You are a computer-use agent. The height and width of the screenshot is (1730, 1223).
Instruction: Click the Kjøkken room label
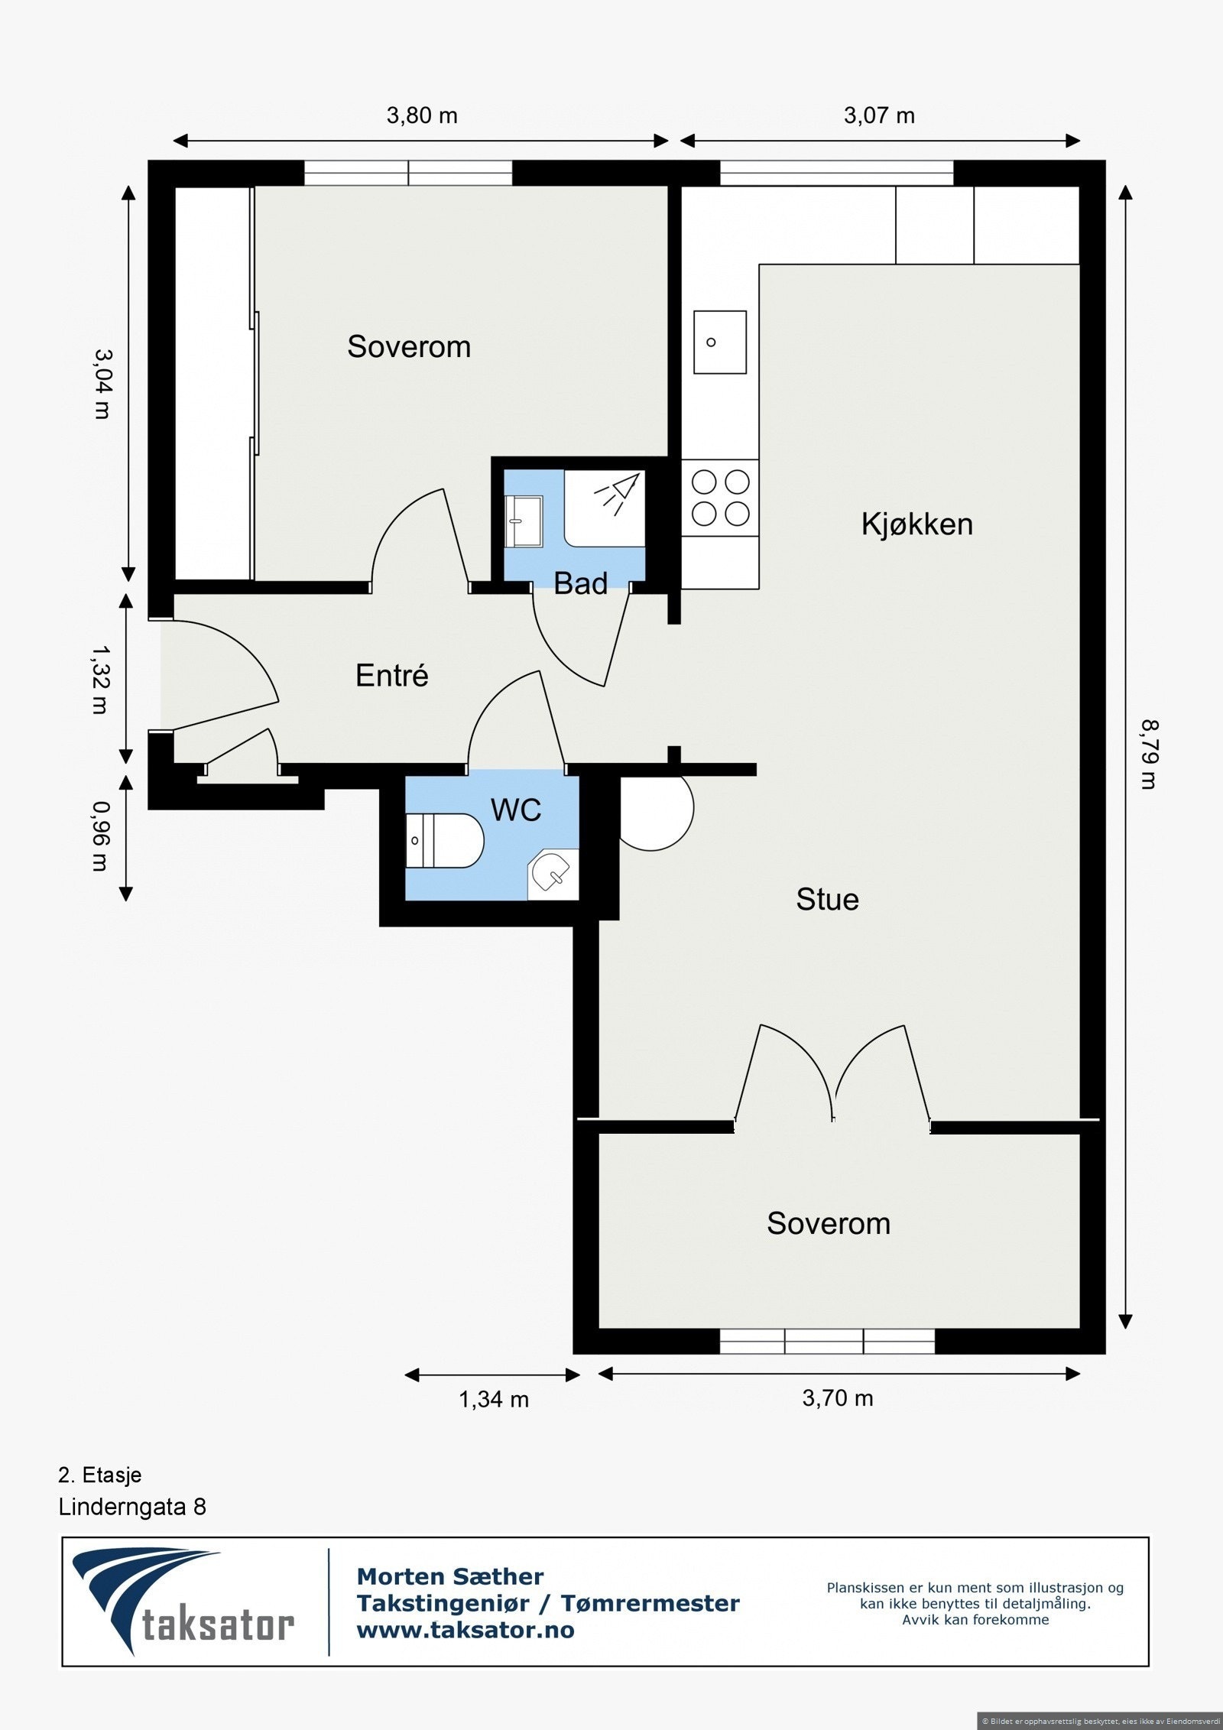click(x=916, y=524)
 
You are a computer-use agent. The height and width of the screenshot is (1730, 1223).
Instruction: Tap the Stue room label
click(x=827, y=899)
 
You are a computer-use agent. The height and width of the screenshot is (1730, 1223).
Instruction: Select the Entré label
click(x=392, y=675)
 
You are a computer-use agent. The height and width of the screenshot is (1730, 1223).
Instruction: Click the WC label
click(x=516, y=810)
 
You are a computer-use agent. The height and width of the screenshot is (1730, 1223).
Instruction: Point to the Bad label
click(x=581, y=583)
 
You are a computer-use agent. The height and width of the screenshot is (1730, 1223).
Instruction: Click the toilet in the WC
click(x=444, y=841)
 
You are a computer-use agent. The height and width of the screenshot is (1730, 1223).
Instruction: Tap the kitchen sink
click(x=719, y=342)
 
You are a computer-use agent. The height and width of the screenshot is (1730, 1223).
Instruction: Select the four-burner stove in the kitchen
click(x=720, y=498)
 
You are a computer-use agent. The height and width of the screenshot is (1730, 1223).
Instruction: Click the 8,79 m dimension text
click(x=1149, y=755)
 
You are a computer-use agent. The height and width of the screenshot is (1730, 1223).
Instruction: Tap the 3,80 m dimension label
click(x=422, y=115)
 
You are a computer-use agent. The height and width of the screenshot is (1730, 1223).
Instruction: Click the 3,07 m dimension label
click(x=879, y=115)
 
